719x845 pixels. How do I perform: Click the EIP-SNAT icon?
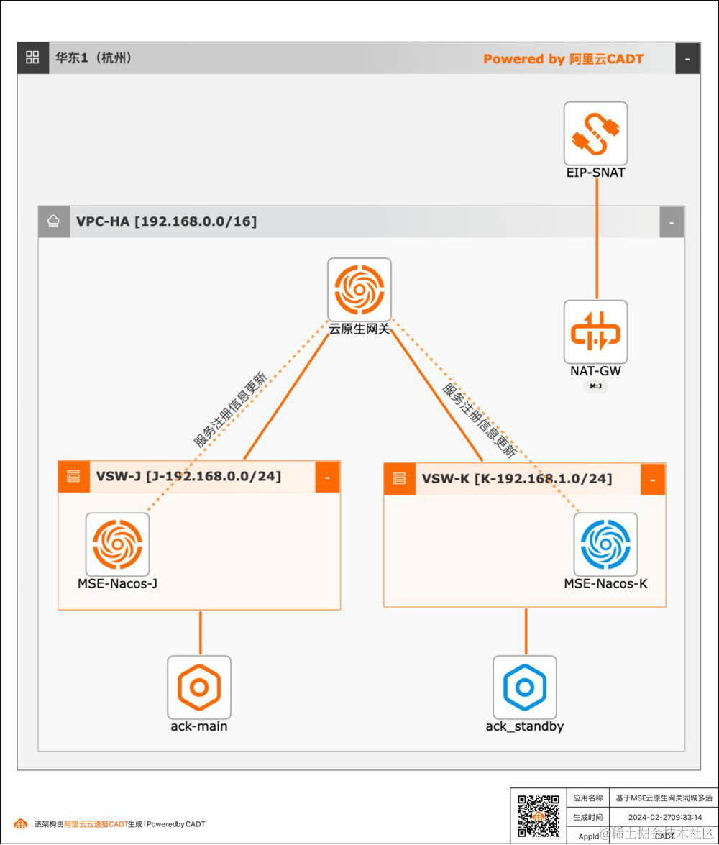(x=595, y=133)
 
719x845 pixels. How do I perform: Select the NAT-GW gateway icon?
(x=595, y=332)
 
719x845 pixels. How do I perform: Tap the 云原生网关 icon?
(x=359, y=289)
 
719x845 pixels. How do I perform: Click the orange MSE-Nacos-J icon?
(x=118, y=544)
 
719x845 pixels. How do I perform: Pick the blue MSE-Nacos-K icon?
(x=605, y=544)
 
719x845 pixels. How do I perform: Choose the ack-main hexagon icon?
(x=199, y=687)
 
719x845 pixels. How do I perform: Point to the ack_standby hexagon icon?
(x=525, y=687)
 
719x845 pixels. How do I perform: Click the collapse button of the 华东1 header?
(x=687, y=58)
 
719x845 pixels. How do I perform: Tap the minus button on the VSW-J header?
(x=327, y=477)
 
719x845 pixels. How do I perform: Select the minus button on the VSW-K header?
(x=653, y=479)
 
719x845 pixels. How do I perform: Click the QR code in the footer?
(x=539, y=816)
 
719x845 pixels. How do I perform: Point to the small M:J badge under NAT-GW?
(x=595, y=387)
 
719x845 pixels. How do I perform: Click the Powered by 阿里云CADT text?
(x=563, y=59)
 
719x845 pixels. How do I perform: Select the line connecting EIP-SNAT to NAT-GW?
(x=597, y=237)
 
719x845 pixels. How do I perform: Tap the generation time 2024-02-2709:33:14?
(x=664, y=817)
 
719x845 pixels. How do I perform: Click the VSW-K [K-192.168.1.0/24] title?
(x=517, y=479)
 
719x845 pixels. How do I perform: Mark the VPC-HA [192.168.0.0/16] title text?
(x=166, y=221)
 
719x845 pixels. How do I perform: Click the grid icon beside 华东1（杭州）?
(x=32, y=58)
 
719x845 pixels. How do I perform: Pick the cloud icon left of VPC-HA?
(x=52, y=221)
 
